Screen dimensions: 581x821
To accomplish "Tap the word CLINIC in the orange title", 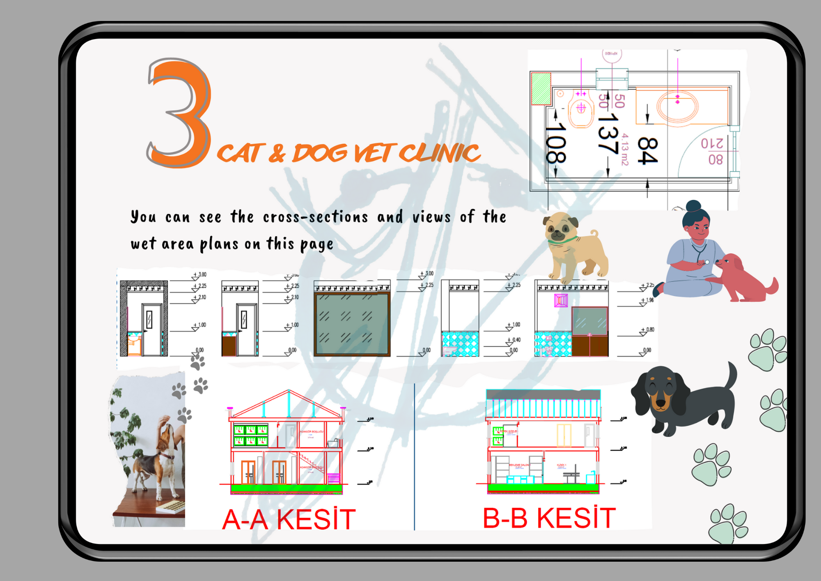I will tap(439, 153).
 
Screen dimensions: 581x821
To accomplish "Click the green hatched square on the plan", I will tap(541, 88).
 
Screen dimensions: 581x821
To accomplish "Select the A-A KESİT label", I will tap(289, 519).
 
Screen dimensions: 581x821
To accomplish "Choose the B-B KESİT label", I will tap(549, 518).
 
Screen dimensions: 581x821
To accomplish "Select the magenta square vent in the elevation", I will tap(561, 300).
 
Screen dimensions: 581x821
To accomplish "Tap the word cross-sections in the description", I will tap(315, 217).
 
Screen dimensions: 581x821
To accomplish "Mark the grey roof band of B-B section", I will tap(543, 394).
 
